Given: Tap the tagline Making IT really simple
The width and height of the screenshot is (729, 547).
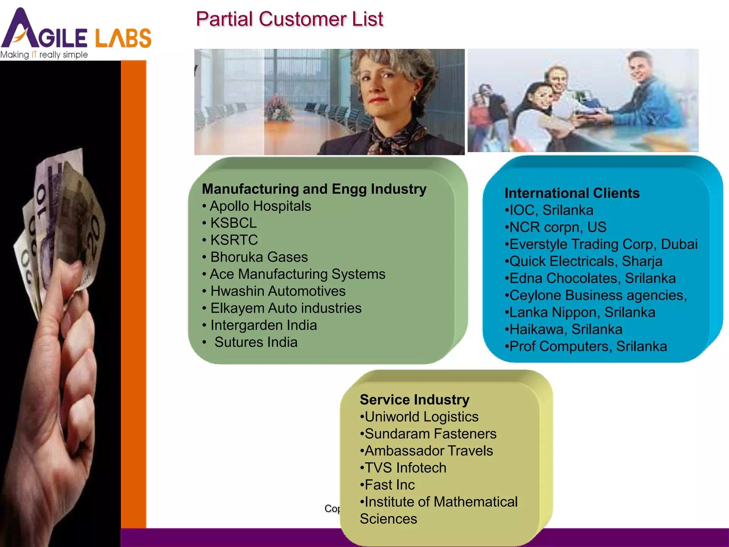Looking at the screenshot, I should click(44, 55).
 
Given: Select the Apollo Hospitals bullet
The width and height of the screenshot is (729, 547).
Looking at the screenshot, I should click(260, 206).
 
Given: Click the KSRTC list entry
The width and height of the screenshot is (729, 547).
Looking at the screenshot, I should click(234, 240).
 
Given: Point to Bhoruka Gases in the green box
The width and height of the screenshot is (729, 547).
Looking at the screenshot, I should click(259, 257).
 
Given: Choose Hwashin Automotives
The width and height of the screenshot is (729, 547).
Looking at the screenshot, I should click(278, 291).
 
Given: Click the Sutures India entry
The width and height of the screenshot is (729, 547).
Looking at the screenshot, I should click(256, 342).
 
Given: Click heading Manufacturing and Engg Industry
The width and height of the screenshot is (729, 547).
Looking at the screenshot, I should click(314, 189).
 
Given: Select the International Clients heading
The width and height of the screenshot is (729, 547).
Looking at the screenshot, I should click(572, 193).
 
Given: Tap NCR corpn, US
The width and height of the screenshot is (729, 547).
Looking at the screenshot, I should click(557, 227).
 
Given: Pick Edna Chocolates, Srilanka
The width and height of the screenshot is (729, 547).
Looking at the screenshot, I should click(592, 278).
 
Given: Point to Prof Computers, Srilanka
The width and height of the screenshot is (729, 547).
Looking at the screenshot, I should click(588, 347).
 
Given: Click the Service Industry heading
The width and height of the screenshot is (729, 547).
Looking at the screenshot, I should click(414, 400).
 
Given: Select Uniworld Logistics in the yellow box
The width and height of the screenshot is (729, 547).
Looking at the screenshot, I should click(421, 417).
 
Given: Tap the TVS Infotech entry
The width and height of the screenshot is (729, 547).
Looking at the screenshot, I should click(405, 468).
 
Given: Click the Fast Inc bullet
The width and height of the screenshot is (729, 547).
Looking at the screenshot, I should click(389, 485).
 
